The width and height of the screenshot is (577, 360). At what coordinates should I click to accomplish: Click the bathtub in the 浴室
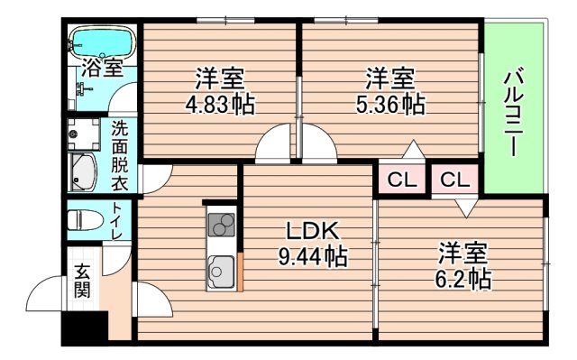102,42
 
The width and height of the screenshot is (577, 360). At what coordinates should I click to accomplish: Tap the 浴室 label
101,67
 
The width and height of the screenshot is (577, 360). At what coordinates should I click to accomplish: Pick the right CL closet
455,180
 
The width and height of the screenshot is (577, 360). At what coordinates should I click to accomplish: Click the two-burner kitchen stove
222,223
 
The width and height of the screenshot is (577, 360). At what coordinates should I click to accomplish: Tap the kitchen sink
222,268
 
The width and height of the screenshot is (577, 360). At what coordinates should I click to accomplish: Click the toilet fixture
86,219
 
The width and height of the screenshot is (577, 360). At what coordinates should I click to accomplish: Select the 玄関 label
82,280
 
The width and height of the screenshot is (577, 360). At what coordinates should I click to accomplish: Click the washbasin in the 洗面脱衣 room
82,172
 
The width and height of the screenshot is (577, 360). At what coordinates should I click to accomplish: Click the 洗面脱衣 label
120,155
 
